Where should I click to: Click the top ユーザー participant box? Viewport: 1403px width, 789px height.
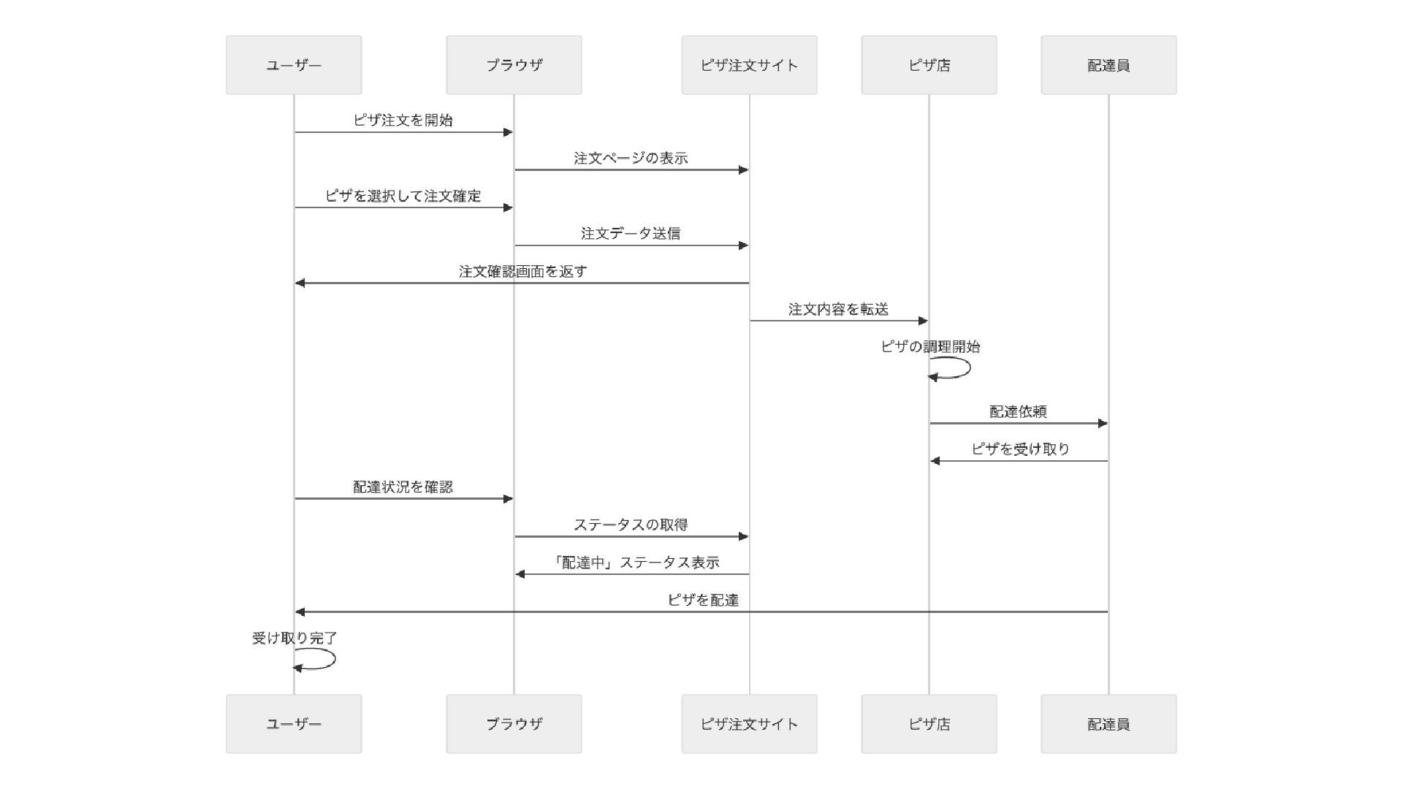[x=294, y=65]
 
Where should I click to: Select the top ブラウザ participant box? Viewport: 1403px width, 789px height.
[x=514, y=65]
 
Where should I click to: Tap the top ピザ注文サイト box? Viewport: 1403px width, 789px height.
[x=749, y=65]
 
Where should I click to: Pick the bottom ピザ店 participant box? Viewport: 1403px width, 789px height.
[x=929, y=724]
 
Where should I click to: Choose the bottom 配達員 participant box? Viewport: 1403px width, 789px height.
[x=1109, y=724]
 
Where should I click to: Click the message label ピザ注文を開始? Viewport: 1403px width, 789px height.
[x=403, y=121]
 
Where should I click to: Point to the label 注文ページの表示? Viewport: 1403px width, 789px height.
[x=631, y=159]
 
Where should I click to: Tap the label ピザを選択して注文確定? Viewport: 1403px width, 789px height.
[x=403, y=196]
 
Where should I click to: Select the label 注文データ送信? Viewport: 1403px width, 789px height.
[x=631, y=234]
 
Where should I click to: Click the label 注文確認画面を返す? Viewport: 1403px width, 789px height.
[x=522, y=272]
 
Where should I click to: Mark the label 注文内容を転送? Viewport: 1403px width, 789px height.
[x=838, y=310]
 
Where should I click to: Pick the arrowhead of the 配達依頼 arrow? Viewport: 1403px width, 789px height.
[x=1103, y=423]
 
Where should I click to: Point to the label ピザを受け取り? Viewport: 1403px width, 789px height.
[x=1020, y=449]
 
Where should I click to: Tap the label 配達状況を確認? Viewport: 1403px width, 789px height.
[x=403, y=487]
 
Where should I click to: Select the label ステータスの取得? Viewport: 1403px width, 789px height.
[x=631, y=525]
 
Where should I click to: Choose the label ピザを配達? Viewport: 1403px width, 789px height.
[x=703, y=601]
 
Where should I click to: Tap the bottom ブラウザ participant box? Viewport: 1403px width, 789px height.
[x=514, y=724]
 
